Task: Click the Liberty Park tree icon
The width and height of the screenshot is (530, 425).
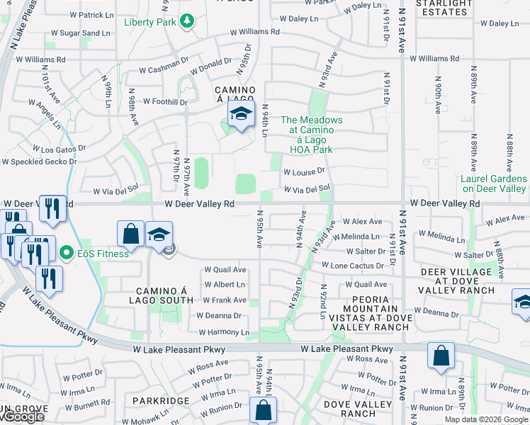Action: [x=187, y=21]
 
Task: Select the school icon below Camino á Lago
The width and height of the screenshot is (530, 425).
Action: [x=241, y=113]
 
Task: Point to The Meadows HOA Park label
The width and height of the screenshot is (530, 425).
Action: [x=312, y=135]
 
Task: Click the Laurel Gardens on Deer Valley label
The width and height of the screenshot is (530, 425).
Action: [x=494, y=184]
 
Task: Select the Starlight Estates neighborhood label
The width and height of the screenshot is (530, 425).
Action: [x=444, y=8]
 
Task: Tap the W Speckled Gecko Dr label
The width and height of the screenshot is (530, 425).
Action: [x=39, y=161]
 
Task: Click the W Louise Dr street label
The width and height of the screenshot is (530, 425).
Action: [x=304, y=171]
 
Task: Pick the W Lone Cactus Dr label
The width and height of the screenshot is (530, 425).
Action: [x=352, y=265]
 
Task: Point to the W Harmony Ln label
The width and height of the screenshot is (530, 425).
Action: [x=224, y=331]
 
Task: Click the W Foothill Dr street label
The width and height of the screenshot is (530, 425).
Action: [x=165, y=102]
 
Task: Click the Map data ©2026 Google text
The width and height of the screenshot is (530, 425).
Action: [x=486, y=419]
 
